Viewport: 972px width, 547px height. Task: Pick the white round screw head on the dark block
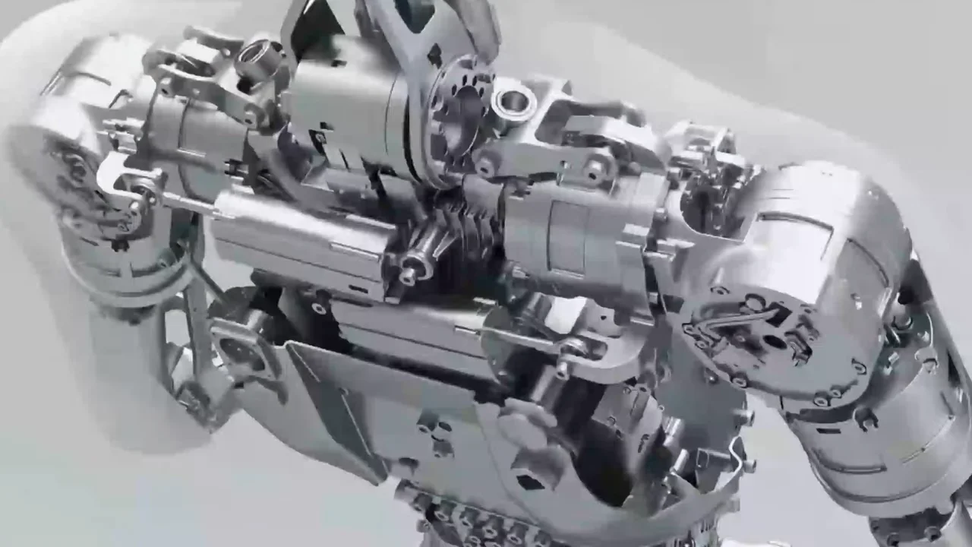click(x=318, y=308)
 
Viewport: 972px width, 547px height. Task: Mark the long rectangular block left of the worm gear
click(x=304, y=236)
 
